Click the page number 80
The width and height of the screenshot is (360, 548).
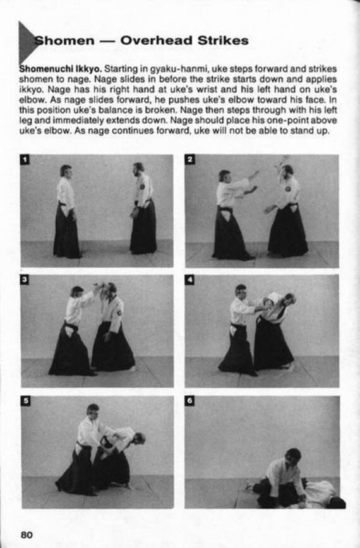(26, 534)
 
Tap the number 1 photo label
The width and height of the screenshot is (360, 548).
(26, 160)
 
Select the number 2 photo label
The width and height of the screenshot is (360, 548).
(189, 160)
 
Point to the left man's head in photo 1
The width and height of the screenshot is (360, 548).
(65, 170)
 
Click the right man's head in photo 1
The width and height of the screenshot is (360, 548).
(138, 168)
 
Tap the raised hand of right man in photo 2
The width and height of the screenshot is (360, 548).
(280, 162)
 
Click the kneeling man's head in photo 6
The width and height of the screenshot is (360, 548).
(292, 455)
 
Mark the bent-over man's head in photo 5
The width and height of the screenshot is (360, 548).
(139, 437)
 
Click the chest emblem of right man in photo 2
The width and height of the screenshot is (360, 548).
(288, 188)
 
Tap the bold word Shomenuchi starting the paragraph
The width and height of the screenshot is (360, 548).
(45, 68)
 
